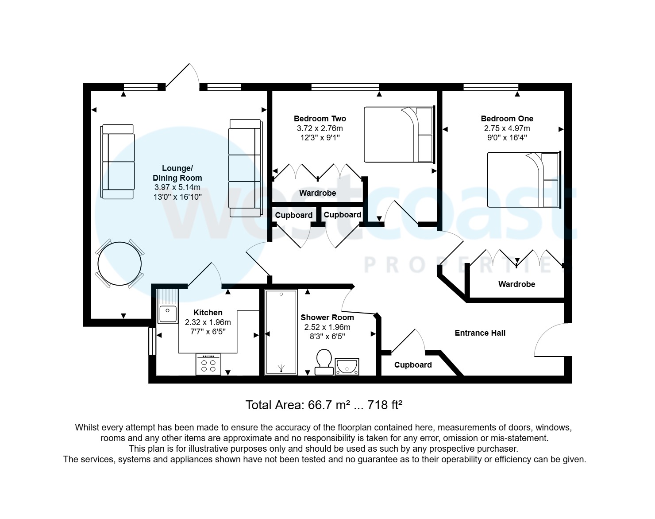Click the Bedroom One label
(507, 119)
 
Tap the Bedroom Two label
(320, 119)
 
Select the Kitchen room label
(208, 313)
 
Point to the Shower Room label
(327, 318)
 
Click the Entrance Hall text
(480, 333)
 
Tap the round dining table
(119, 264)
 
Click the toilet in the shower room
(324, 362)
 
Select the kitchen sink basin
(167, 314)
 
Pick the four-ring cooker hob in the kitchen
(208, 364)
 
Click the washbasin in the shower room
(347, 366)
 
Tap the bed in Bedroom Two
(400, 134)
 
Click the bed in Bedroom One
(524, 180)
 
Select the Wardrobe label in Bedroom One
(516, 284)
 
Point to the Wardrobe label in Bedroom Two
(317, 193)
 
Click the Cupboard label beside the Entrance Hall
(413, 365)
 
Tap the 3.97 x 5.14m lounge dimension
(177, 187)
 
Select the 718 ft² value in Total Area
(385, 405)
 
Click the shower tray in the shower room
(281, 332)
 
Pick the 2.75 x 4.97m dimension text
(507, 128)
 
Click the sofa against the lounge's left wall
(117, 162)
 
